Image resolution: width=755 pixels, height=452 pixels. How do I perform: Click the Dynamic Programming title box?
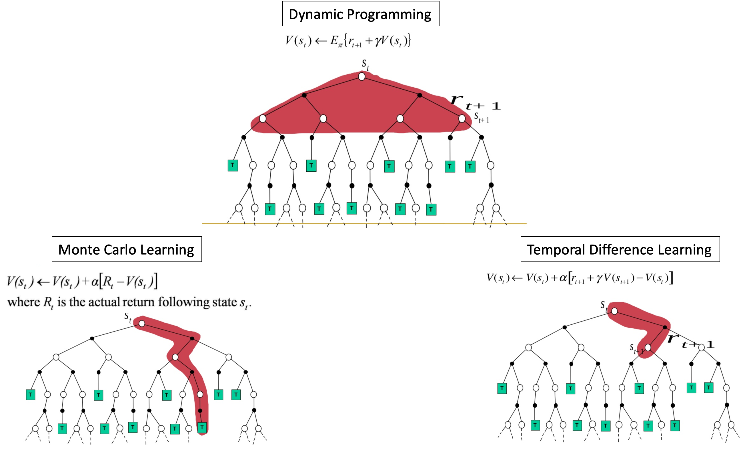tap(360, 14)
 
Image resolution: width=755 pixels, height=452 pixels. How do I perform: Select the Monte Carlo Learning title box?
tap(127, 249)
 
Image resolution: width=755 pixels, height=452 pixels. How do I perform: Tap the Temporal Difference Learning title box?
tap(620, 249)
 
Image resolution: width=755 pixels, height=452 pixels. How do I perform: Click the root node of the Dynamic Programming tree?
tap(362, 76)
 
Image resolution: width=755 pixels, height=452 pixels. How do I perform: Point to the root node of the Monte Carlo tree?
tap(142, 324)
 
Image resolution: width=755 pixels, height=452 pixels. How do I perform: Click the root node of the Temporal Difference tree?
tap(614, 311)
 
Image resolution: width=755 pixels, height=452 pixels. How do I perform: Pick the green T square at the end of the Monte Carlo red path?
tap(202, 427)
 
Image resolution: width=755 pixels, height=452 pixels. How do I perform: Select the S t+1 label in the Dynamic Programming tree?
tap(482, 118)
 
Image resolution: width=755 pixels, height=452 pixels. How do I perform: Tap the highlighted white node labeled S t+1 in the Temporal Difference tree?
tap(648, 348)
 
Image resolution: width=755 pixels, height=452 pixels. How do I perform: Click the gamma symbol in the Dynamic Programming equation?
tap(378, 41)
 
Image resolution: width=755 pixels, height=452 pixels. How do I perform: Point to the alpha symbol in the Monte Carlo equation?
tap(95, 281)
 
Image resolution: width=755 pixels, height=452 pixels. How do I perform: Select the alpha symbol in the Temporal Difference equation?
tap(563, 278)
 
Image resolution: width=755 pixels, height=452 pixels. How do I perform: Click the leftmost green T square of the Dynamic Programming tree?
tap(233, 165)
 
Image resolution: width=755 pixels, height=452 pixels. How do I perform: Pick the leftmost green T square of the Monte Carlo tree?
tap(30, 395)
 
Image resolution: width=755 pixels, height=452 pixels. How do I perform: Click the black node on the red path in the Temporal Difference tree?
tap(665, 328)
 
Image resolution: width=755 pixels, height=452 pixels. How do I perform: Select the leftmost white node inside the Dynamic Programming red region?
tap(263, 118)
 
